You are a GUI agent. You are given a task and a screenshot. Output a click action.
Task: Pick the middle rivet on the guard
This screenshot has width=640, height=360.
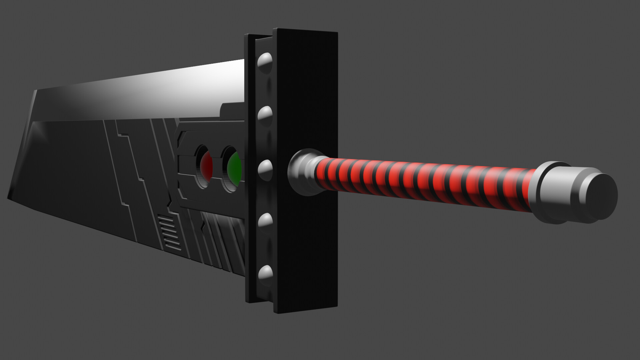[265, 168]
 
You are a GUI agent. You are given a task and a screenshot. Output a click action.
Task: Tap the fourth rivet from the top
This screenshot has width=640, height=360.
[265, 221]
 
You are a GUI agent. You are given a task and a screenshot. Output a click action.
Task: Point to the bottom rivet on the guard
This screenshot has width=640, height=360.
[265, 274]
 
